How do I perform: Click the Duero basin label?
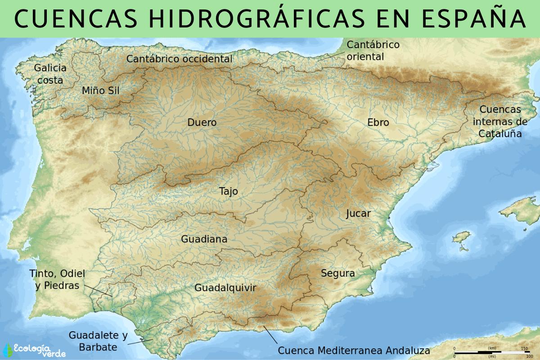[x=202, y=122]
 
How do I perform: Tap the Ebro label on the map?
[x=378, y=122]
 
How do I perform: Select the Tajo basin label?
[x=229, y=191]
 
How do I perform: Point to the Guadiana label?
[x=204, y=239]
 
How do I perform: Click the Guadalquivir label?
[x=225, y=288]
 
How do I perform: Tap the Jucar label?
[x=358, y=213]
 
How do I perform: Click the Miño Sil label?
[x=101, y=90]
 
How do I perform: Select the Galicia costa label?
[x=50, y=74]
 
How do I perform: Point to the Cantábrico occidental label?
[x=179, y=59]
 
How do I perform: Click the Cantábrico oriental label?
[x=373, y=50]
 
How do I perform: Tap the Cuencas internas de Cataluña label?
[x=500, y=121]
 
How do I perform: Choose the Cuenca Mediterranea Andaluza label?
[x=354, y=351]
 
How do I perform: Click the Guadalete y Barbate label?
[x=98, y=341]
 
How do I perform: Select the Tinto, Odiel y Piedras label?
[x=57, y=279]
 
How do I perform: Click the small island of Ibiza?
[x=461, y=238]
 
